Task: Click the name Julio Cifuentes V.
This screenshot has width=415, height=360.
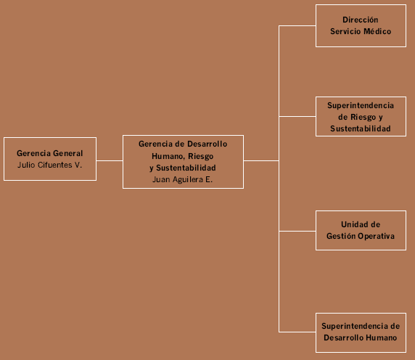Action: [50, 165]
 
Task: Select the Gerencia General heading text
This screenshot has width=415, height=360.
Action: [50, 153]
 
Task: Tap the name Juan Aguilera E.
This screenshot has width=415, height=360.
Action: [182, 179]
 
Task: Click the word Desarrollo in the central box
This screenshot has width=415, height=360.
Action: [207, 144]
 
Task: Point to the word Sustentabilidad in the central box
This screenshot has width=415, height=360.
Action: [186, 168]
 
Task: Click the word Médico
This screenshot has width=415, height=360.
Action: [377, 31]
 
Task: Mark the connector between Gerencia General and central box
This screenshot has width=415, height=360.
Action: [110, 160]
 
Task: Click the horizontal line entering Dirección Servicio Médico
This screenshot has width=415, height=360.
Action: [297, 26]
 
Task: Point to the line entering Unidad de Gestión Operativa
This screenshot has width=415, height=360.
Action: [297, 231]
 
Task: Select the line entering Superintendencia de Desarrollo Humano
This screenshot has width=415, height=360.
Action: [297, 332]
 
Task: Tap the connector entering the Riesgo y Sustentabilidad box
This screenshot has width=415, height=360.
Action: [297, 116]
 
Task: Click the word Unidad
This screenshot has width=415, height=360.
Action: [351, 224]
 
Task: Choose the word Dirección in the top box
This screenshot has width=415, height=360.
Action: [360, 20]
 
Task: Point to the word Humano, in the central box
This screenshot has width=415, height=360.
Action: [168, 157]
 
